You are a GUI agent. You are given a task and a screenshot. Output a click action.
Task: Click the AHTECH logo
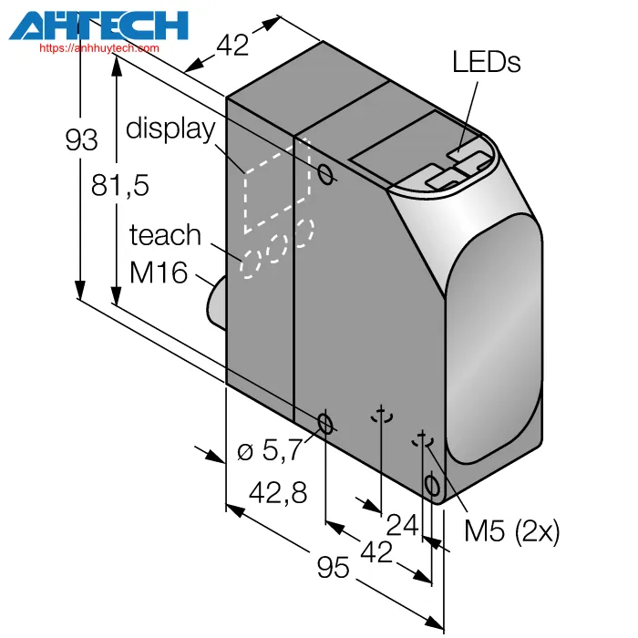[98, 26]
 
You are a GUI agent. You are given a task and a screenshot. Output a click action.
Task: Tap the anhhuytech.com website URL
[99, 48]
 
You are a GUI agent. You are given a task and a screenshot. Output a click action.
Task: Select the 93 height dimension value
[81, 140]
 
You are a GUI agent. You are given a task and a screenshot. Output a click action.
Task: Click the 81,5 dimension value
[120, 186]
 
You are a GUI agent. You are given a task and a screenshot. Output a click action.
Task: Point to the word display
[170, 129]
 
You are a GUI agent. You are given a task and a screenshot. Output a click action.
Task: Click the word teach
[165, 235]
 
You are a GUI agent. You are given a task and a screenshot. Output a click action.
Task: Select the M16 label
[159, 273]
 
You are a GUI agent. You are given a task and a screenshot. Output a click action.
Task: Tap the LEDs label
[486, 62]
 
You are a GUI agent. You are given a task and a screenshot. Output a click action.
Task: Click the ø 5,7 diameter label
[270, 449]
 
